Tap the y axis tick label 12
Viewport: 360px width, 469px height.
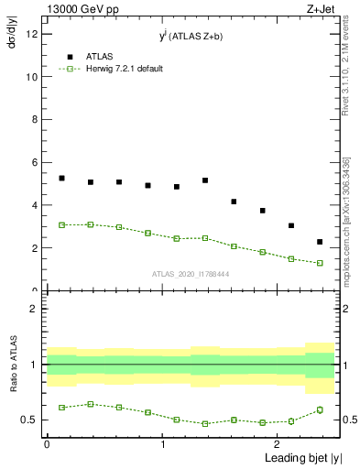pos(31,35)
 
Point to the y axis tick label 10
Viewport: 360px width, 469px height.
pos(31,78)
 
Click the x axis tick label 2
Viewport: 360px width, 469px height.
pos(278,444)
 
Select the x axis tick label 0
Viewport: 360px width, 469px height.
pos(46,444)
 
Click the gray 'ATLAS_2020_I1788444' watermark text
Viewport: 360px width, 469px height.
pos(191,274)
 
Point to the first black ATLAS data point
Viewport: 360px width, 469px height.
pos(61,178)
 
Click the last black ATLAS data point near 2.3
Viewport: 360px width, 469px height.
pos(320,242)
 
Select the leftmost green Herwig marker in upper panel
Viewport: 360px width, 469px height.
pos(61,224)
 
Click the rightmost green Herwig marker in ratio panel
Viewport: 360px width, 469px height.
pos(320,409)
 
